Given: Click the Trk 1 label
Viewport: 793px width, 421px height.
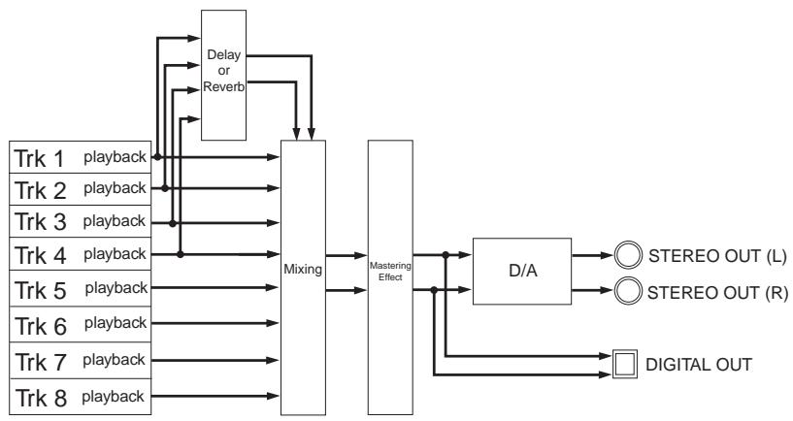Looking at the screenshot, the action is (40, 159).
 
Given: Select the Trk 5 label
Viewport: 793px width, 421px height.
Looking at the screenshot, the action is (41, 291).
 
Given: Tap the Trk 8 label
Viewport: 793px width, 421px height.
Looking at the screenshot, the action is (41, 398).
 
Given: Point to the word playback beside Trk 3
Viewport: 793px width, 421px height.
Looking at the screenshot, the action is (115, 221).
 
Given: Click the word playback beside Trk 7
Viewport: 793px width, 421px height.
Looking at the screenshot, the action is (114, 360).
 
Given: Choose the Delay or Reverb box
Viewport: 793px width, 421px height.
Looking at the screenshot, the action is (223, 75).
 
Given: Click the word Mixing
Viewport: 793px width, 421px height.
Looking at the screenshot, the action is (303, 270).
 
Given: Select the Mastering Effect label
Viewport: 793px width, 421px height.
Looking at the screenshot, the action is (390, 272).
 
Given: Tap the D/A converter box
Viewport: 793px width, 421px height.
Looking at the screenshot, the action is (522, 271).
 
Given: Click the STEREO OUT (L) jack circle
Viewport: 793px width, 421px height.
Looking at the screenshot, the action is (628, 255).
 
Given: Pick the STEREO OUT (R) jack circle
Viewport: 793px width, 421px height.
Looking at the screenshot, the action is (628, 291).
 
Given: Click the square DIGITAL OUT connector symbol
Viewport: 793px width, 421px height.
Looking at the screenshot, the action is (624, 364).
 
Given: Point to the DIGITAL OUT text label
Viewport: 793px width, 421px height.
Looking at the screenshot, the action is (699, 365).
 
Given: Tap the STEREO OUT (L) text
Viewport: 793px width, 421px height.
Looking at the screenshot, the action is (717, 256).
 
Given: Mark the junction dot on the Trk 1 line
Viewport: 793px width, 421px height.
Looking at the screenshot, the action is (157, 157).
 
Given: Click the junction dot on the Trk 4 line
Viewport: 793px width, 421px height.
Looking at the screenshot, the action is (180, 254).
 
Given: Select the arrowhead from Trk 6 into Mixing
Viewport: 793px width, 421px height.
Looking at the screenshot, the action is (273, 323).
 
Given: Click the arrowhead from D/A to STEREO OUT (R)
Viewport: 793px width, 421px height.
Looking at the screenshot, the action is (607, 290).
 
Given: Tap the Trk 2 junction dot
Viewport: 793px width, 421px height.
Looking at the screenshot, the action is (165, 188).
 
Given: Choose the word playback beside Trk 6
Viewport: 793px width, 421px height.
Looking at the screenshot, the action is (116, 323).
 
